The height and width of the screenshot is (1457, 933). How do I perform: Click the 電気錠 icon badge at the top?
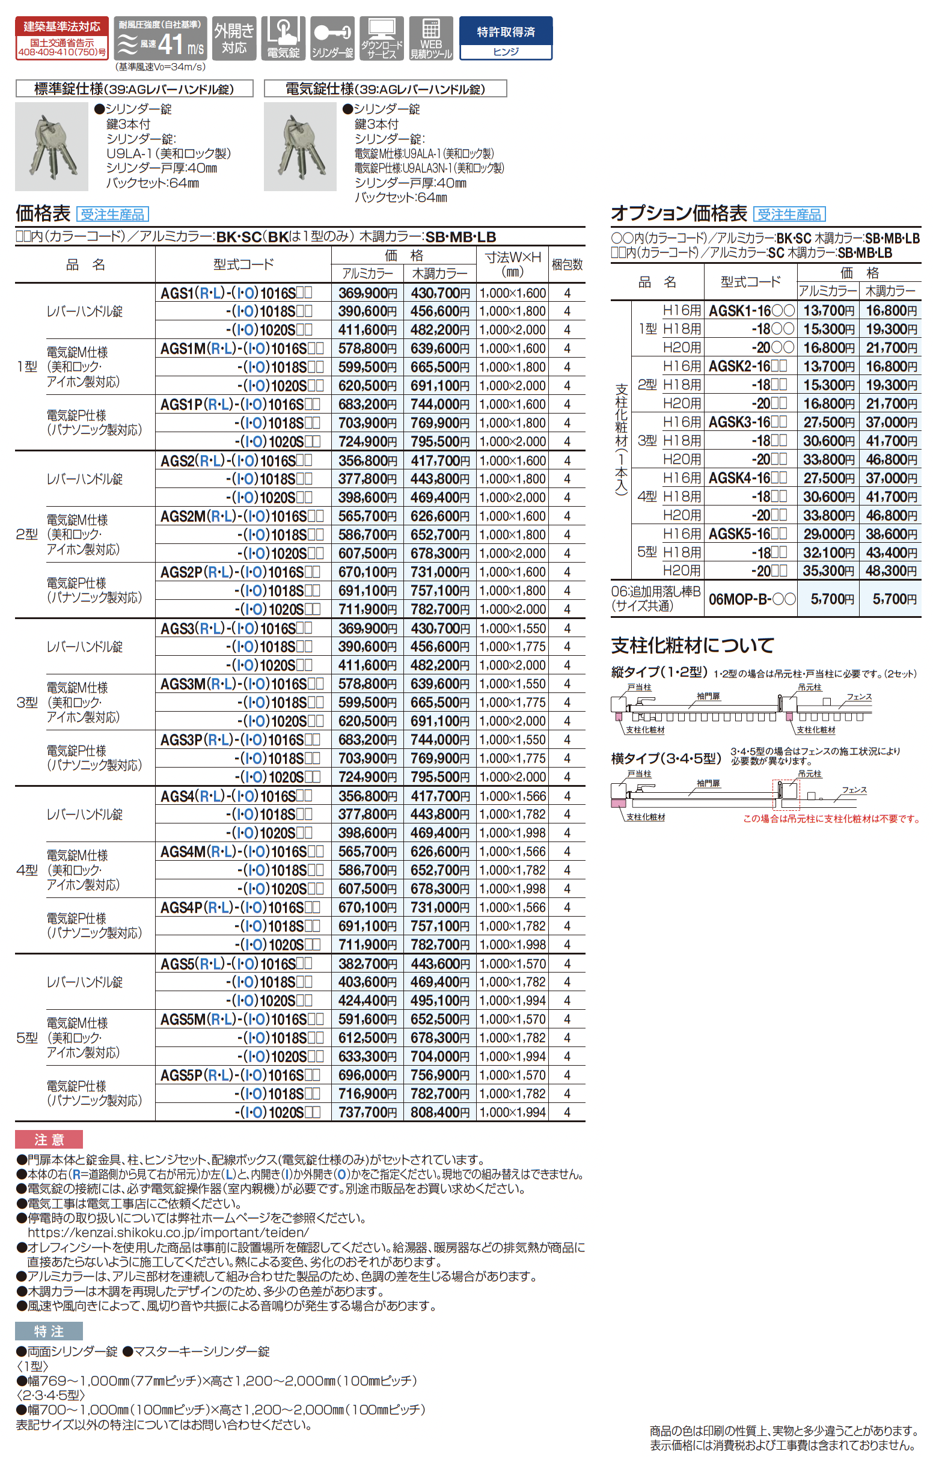point(283,38)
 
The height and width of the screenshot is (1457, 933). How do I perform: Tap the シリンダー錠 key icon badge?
point(332,38)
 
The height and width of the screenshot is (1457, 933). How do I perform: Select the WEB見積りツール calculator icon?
point(431,38)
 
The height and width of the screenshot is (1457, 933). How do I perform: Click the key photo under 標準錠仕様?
point(52,147)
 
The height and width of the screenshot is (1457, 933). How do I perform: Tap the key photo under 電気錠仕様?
point(300,147)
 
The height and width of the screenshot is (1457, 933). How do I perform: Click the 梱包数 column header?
point(566,264)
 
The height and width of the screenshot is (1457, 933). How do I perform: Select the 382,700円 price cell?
point(367,964)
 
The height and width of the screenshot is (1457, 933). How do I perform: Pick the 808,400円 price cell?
point(439,1113)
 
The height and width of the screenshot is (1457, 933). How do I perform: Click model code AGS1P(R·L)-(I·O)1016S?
point(240,405)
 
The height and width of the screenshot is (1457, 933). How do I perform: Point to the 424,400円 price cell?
point(367,1000)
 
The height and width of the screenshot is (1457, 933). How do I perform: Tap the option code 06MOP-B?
point(751,599)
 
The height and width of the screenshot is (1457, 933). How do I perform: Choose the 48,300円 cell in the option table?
point(890,571)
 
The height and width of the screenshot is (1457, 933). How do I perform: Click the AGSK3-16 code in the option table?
point(748,422)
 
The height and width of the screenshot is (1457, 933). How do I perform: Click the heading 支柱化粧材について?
point(692,646)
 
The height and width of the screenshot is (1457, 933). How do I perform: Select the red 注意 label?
point(49,1140)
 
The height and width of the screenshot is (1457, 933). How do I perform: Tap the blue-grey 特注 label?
point(49,1331)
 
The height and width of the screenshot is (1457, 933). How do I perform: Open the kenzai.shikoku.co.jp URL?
point(168,1232)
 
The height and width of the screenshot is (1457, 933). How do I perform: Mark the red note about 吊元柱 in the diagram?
point(831,819)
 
